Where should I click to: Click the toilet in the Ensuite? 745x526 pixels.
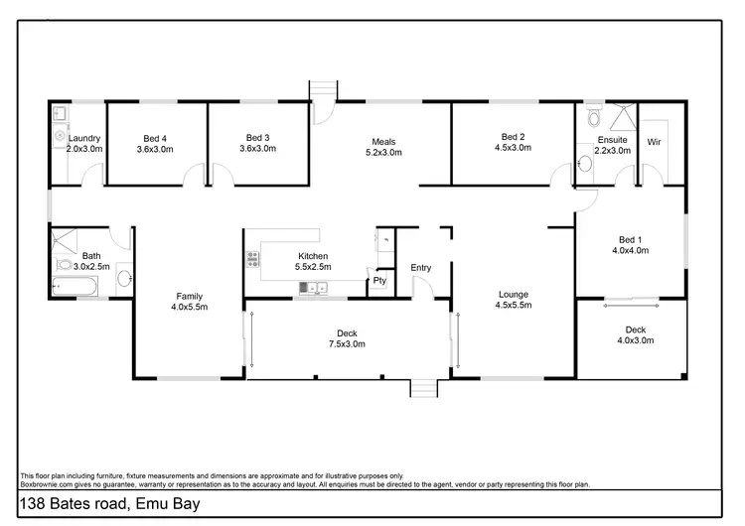(x=593, y=119)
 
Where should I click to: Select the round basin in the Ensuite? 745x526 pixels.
(x=586, y=163)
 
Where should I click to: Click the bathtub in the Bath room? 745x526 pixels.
(x=74, y=287)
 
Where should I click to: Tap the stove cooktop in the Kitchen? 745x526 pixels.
(x=252, y=260)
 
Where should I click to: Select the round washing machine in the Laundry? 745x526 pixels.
(x=60, y=132)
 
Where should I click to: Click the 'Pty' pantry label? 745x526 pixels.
(x=378, y=281)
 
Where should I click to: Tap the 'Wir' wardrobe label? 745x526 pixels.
(x=654, y=142)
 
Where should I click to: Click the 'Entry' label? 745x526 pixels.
(x=420, y=267)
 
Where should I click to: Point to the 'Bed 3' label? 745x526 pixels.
(x=257, y=137)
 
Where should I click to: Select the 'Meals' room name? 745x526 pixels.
(x=383, y=141)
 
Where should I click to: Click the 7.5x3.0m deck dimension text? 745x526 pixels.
(x=347, y=344)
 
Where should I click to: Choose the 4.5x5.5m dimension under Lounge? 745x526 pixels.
(x=514, y=306)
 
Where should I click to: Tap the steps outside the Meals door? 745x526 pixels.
(x=323, y=90)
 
